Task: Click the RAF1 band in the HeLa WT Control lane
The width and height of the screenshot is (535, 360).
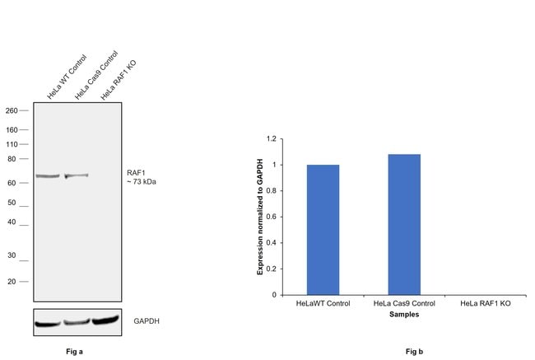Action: [x=48, y=176]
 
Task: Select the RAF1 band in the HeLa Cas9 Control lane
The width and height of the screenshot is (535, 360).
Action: [x=77, y=175]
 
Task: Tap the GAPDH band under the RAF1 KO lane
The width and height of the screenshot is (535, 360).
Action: [x=105, y=320]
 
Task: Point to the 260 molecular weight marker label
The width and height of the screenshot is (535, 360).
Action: [x=12, y=110]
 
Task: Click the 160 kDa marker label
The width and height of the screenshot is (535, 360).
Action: [x=12, y=130]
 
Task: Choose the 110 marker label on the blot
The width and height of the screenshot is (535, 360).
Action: [x=12, y=144]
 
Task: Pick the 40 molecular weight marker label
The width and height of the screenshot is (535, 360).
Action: [x=12, y=222]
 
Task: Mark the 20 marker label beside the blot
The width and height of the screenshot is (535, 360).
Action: [x=12, y=282]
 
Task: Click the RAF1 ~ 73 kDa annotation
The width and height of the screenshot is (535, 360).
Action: [x=142, y=177]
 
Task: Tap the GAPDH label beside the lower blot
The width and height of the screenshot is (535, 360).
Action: [x=147, y=321]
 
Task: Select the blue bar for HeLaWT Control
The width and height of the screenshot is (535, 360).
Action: [x=323, y=230]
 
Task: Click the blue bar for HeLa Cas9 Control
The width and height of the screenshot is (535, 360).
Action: [x=404, y=225]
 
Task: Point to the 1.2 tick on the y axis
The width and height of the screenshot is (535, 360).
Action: [x=272, y=138]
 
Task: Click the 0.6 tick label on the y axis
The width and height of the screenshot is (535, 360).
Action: [x=272, y=217]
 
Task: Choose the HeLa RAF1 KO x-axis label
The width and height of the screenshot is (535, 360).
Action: [x=485, y=303]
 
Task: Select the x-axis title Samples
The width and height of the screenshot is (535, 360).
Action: [x=404, y=314]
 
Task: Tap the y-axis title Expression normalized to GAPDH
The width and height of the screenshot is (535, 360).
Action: [x=260, y=217]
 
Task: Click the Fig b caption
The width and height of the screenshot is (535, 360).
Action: [x=414, y=352]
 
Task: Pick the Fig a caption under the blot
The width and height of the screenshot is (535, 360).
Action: [x=74, y=352]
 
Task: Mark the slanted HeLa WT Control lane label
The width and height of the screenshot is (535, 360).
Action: [x=67, y=77]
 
